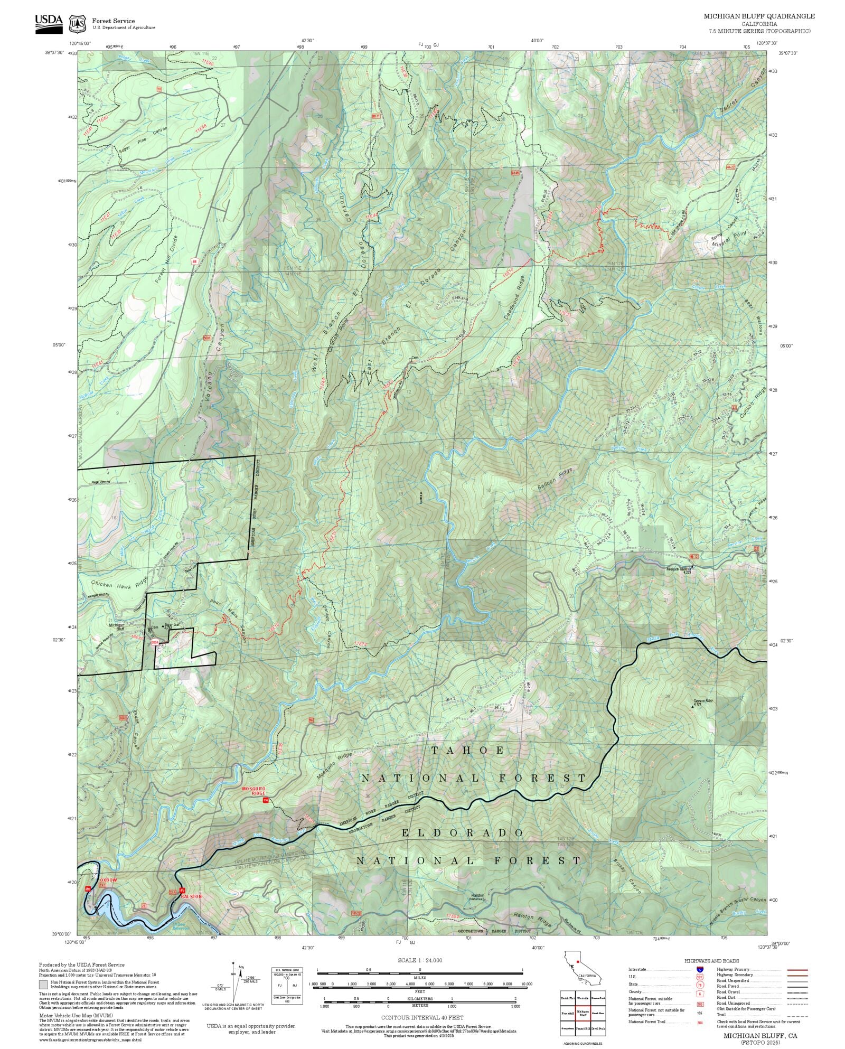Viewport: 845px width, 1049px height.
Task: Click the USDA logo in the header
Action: (x=49, y=23)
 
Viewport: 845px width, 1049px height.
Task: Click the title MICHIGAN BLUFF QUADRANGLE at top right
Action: (x=758, y=16)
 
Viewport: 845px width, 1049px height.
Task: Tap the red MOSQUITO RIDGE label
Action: (x=253, y=791)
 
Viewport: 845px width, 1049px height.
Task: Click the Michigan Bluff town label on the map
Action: (x=116, y=627)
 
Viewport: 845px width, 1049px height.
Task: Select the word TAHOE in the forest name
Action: (x=468, y=750)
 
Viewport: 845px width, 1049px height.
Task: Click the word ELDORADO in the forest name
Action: (x=463, y=833)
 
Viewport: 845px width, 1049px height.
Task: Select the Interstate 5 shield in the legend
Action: (x=700, y=970)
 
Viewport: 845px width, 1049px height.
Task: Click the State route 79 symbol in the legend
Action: (x=700, y=985)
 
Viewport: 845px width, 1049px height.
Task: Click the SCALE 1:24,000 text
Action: (x=420, y=960)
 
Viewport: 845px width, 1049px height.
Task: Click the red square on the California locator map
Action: (x=578, y=961)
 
